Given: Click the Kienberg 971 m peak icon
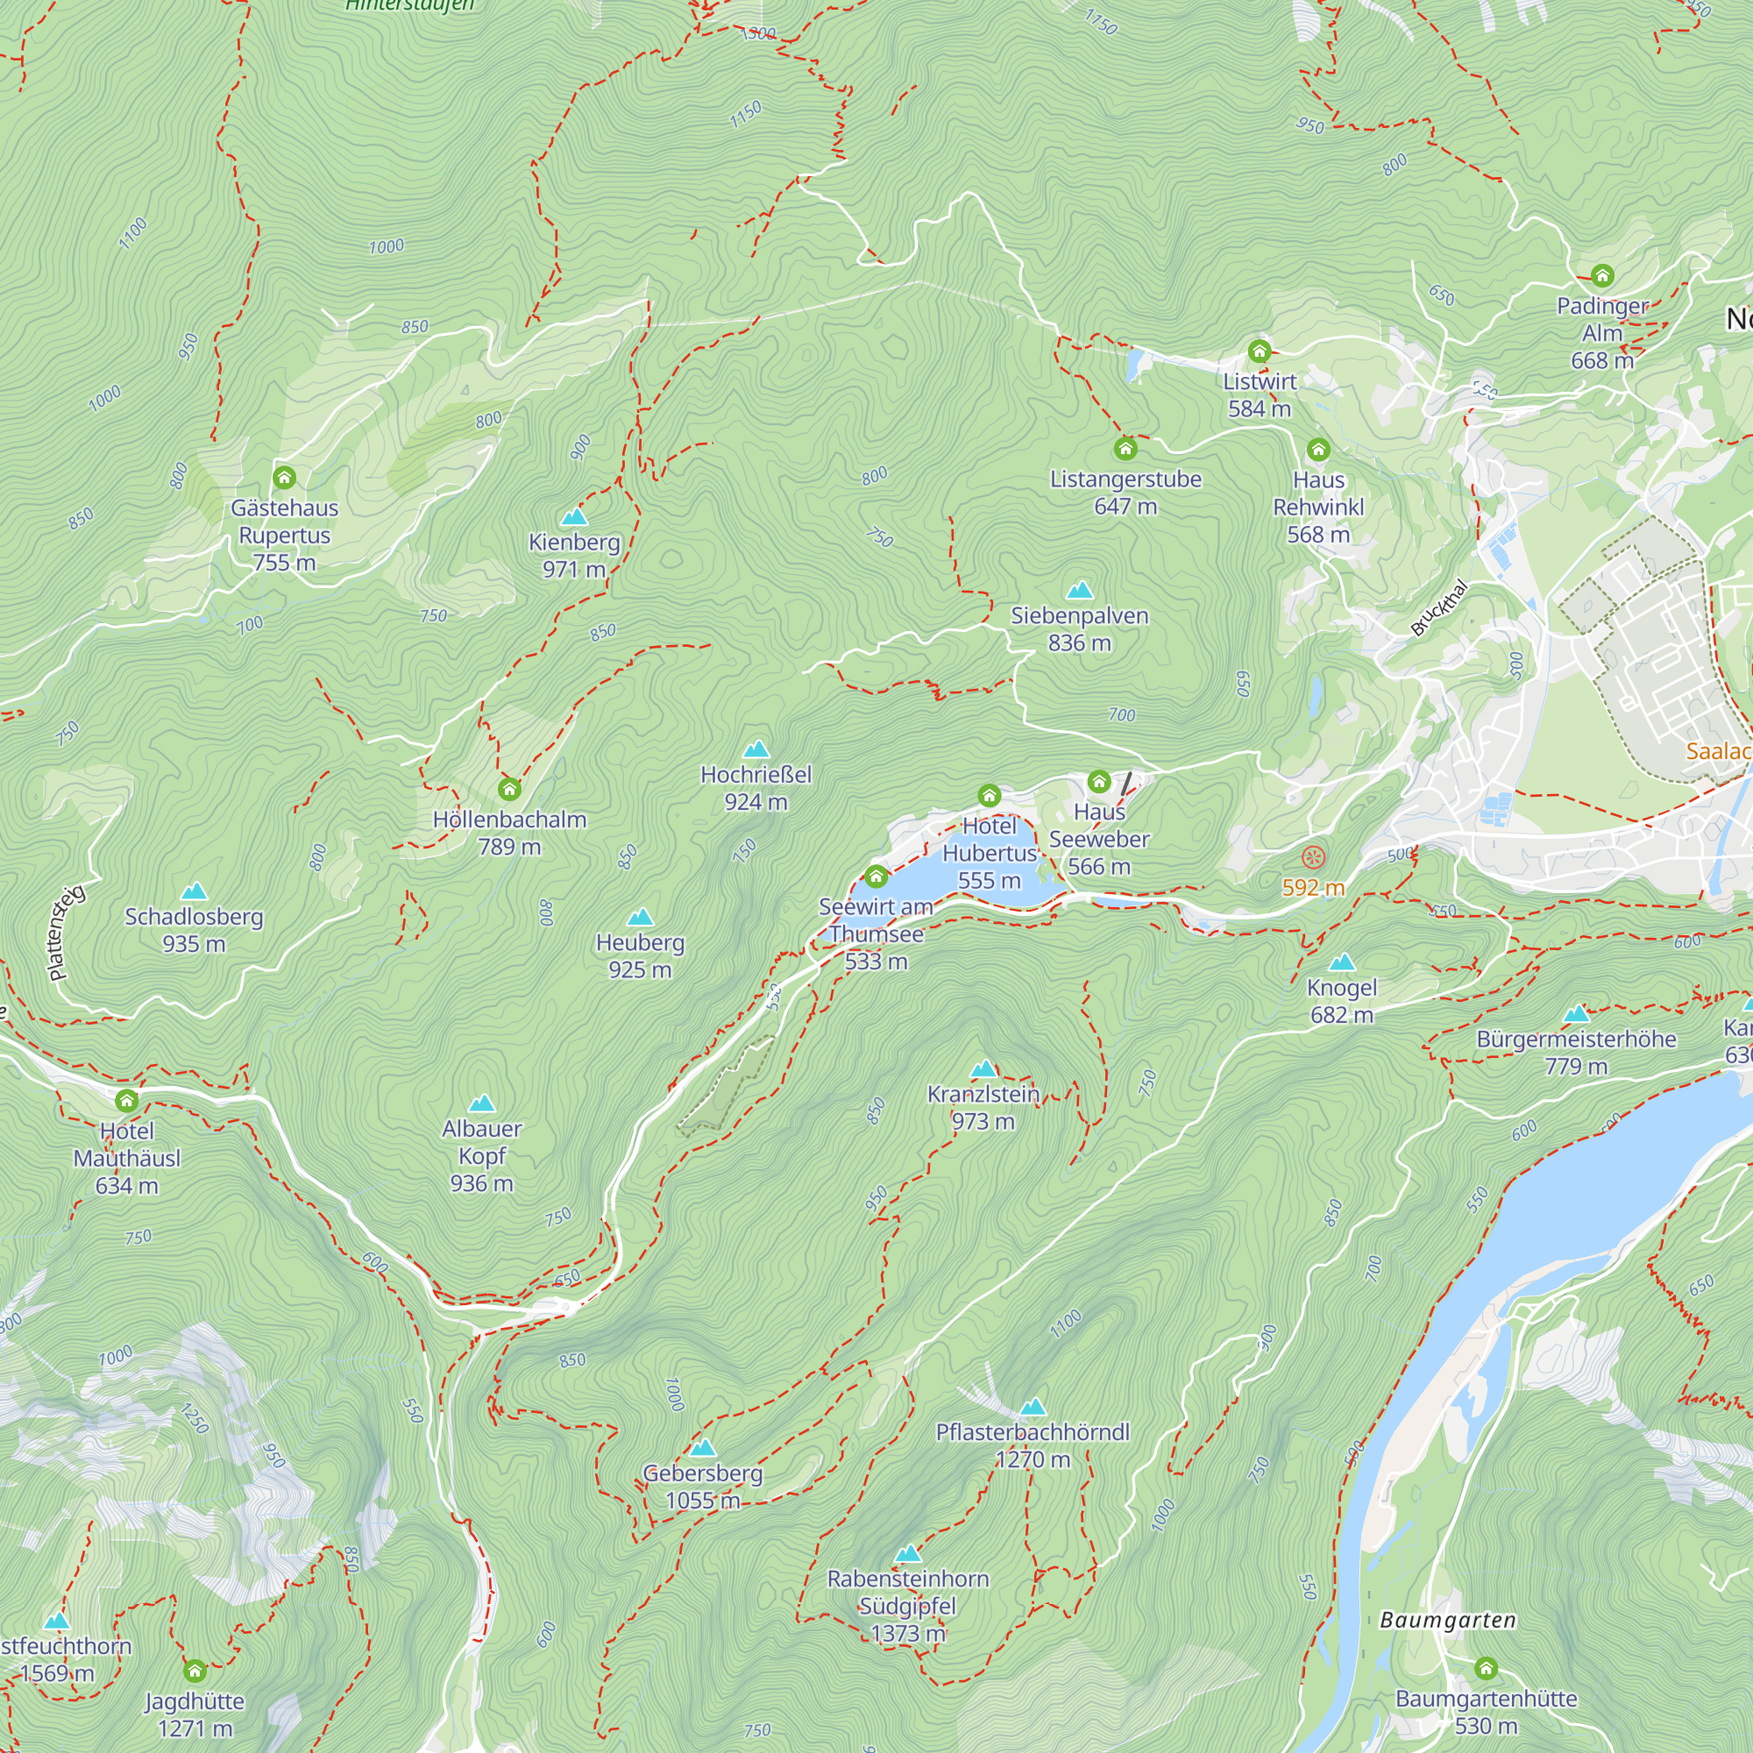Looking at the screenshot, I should pyautogui.click(x=573, y=517).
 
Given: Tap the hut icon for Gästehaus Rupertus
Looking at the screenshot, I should pyautogui.click(x=284, y=478).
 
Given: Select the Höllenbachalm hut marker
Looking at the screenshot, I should pyautogui.click(x=509, y=789).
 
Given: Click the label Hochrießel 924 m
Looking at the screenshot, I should pyautogui.click(x=756, y=788).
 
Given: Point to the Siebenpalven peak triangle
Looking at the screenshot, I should pyautogui.click(x=1079, y=591).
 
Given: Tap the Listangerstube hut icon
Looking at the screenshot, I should pyautogui.click(x=1125, y=448).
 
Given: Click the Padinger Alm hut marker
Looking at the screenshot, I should pyautogui.click(x=1602, y=275).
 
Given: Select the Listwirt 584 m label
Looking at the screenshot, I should pyautogui.click(x=1260, y=394).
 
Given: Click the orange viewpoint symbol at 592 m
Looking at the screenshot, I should pyautogui.click(x=1313, y=856).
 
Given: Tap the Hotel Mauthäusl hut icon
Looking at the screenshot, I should pyautogui.click(x=127, y=1101).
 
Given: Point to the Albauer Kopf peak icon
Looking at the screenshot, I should pyautogui.click(x=482, y=1104).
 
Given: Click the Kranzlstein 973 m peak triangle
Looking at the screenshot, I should pyautogui.click(x=983, y=1068).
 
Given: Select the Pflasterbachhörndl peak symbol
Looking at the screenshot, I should pyautogui.click(x=1033, y=1408).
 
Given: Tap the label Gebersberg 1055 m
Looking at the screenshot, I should pyautogui.click(x=702, y=1487).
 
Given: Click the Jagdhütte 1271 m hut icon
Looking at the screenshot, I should pyautogui.click(x=195, y=1671).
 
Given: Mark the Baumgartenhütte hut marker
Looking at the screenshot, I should pyautogui.click(x=1486, y=1668).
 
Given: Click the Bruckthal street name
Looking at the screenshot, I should pyautogui.click(x=1439, y=608).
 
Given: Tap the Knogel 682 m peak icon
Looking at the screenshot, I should pyautogui.click(x=1341, y=962).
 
